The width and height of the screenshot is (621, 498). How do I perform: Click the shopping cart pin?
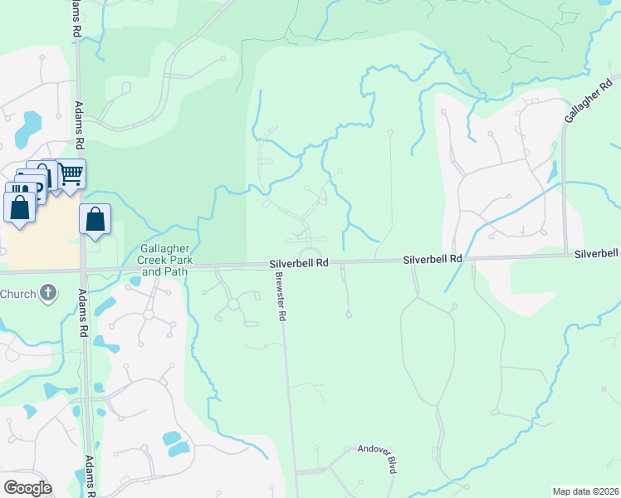pyautogui.click(x=72, y=174)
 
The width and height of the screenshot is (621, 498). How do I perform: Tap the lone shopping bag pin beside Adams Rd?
pyautogui.click(x=95, y=221)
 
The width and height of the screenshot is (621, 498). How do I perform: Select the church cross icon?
pyautogui.click(x=49, y=292)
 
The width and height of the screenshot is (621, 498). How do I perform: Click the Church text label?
pyautogui.click(x=17, y=293)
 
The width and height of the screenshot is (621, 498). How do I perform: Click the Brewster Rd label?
pyautogui.click(x=281, y=296)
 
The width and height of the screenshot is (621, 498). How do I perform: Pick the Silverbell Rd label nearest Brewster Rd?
pyautogui.click(x=299, y=262)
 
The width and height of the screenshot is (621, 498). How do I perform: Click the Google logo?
pyautogui.click(x=27, y=488)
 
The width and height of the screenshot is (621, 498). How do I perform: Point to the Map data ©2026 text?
pyautogui.click(x=584, y=491)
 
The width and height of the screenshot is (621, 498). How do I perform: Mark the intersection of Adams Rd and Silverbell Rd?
pyautogui.click(x=82, y=270)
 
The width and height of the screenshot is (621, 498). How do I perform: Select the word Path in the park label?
pyautogui.click(x=177, y=271)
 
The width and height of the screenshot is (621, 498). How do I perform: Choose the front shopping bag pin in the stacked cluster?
pyautogui.click(x=20, y=206)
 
